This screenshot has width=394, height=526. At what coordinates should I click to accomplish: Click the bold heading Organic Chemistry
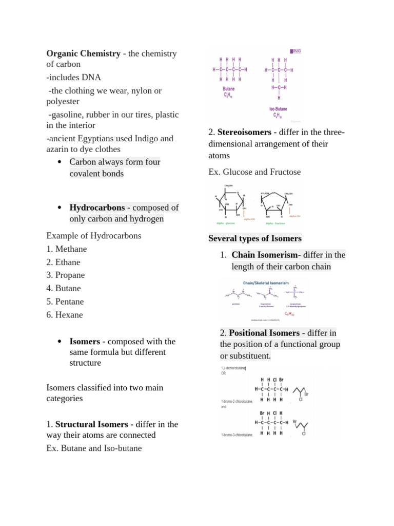point(83,53)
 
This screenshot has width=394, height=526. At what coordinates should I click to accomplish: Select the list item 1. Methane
point(67,249)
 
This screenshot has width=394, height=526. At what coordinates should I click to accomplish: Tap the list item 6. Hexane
point(65,315)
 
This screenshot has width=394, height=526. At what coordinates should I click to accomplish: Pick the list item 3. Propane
point(66,275)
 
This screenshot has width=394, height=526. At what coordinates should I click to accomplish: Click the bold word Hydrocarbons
point(97,208)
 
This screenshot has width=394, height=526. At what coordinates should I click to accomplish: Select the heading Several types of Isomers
point(255,238)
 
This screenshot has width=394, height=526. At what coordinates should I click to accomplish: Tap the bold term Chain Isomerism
point(264,255)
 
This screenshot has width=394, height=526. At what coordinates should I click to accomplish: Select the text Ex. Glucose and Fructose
point(254,172)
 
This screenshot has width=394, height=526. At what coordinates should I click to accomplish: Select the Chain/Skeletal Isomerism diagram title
point(266,283)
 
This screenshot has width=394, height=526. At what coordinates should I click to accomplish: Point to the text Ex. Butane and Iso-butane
point(94,448)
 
